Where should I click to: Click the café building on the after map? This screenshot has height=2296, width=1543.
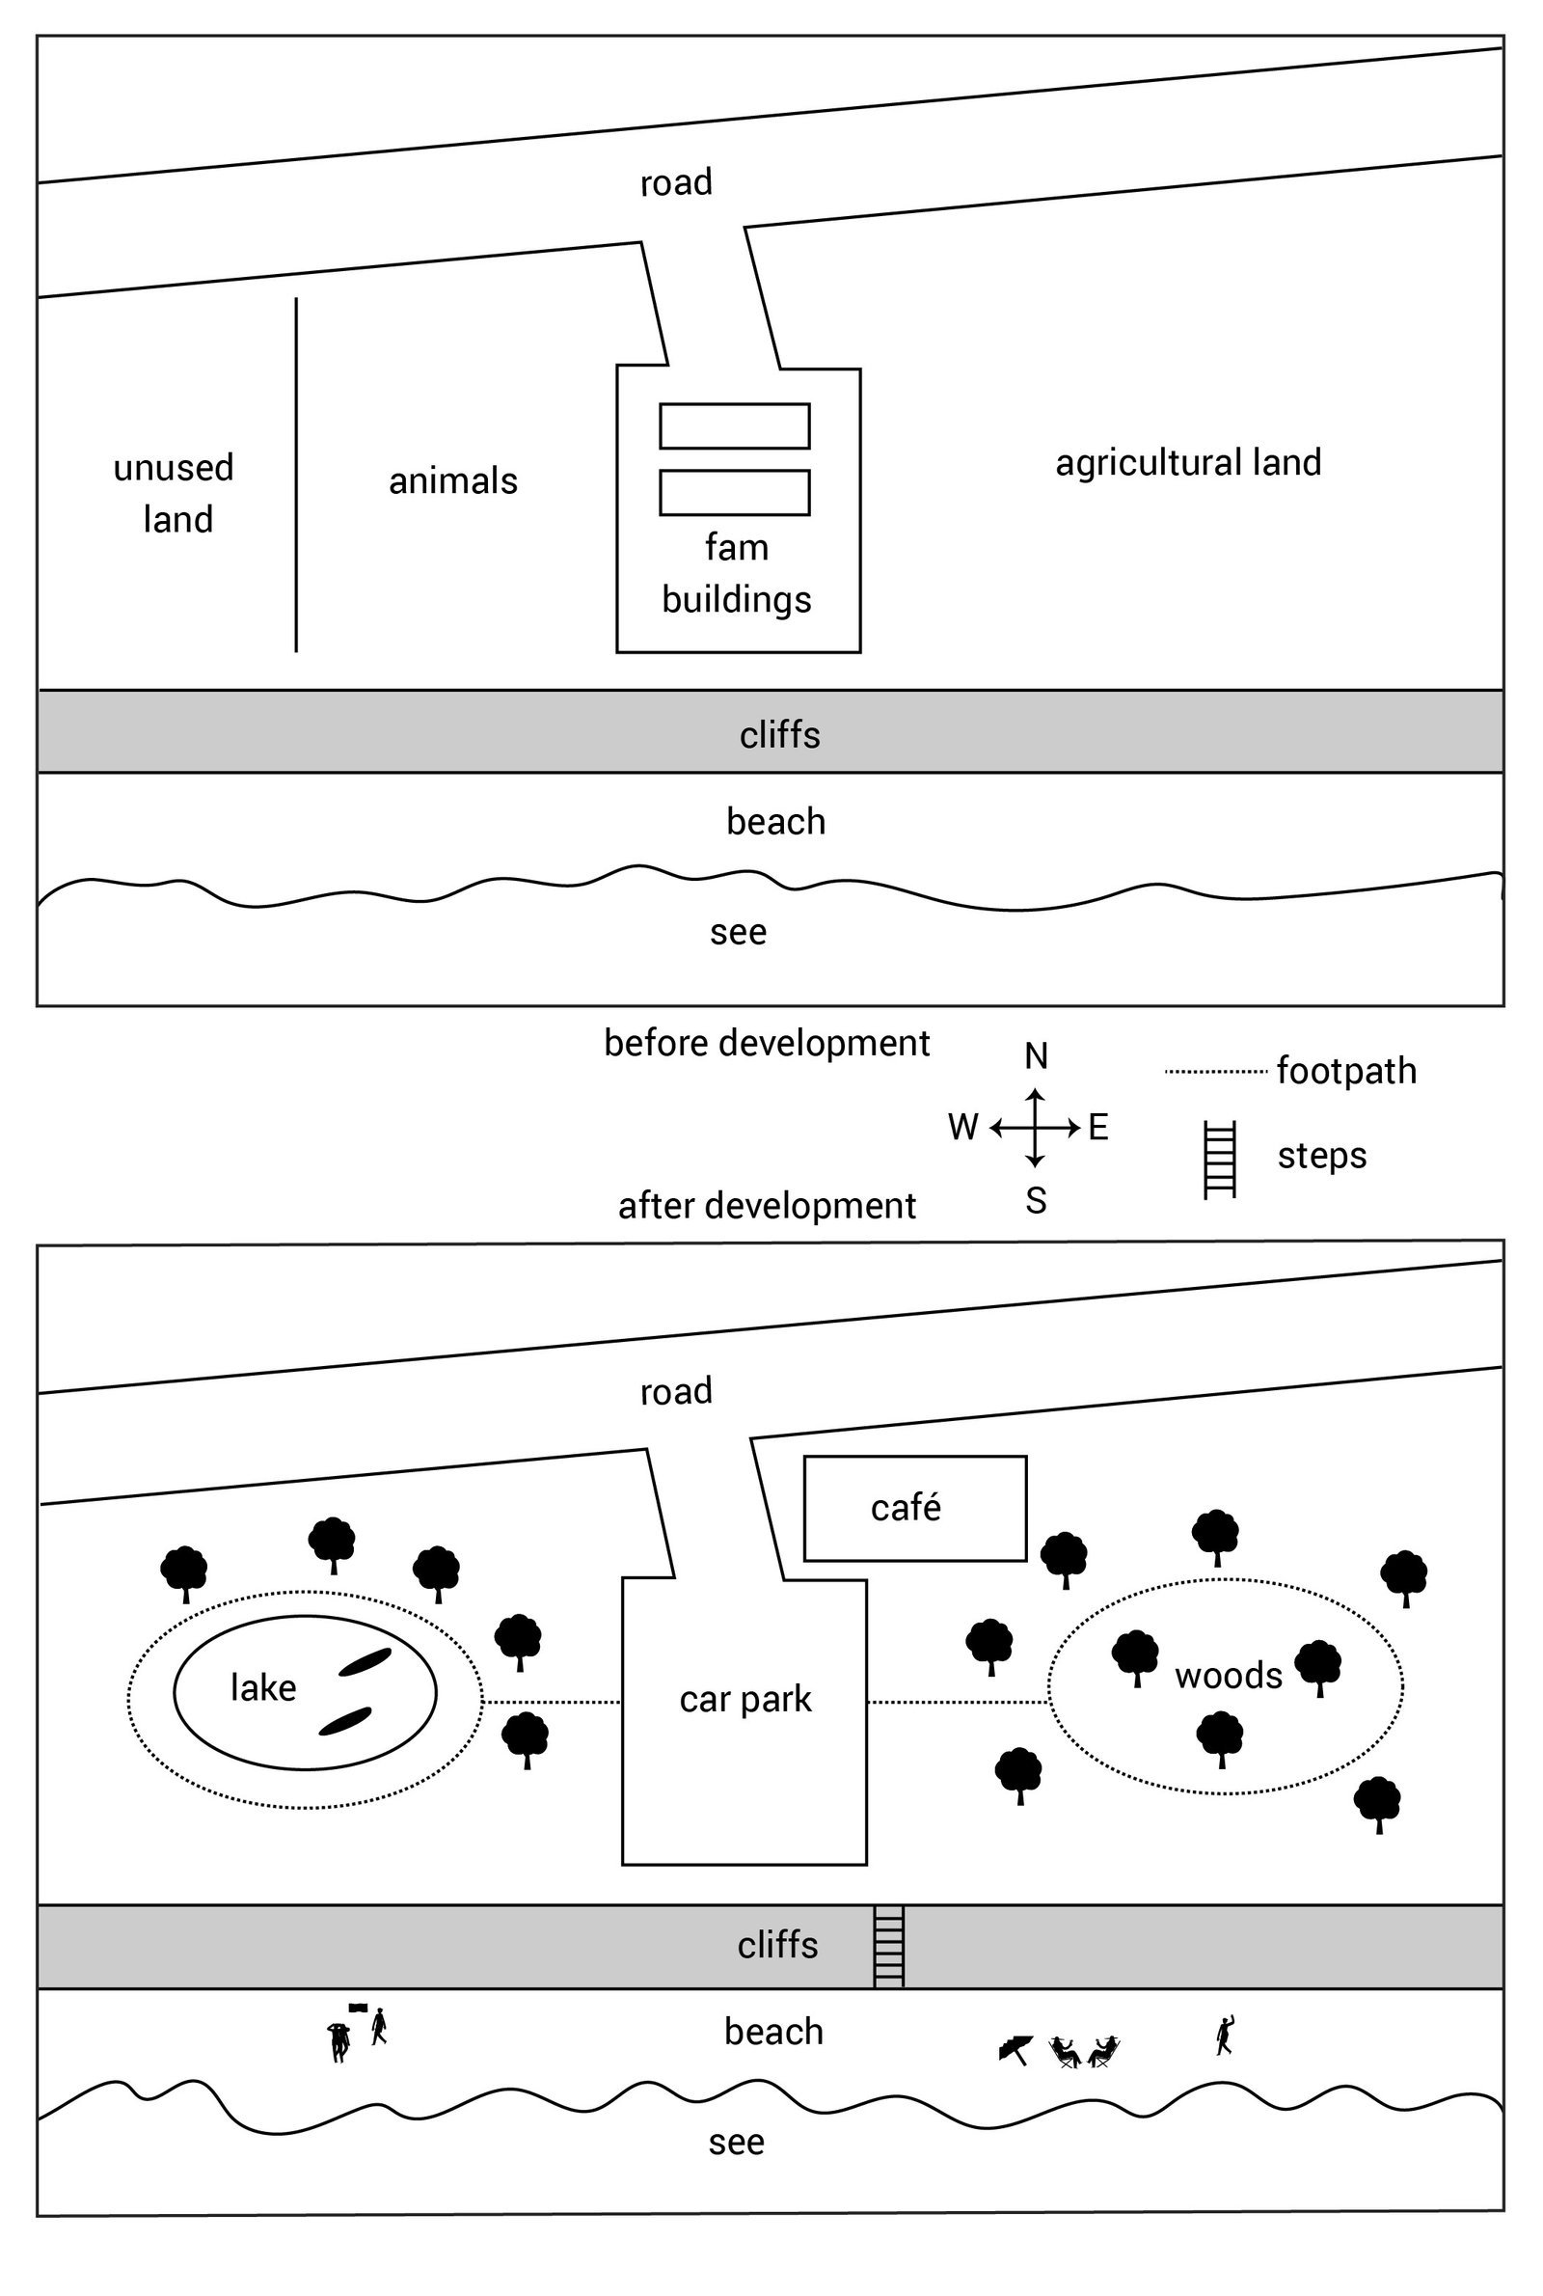click(x=914, y=1508)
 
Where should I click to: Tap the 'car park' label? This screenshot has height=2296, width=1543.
click(x=744, y=1699)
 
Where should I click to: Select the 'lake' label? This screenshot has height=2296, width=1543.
click(x=262, y=1688)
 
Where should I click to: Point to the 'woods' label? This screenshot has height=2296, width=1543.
click(x=1228, y=1675)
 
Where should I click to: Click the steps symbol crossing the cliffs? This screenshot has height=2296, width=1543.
click(x=888, y=1947)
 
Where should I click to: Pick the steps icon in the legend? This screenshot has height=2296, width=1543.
click(x=1219, y=1160)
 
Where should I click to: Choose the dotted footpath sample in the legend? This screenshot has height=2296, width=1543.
click(x=1215, y=1071)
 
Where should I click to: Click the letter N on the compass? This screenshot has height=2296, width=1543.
click(x=1035, y=1056)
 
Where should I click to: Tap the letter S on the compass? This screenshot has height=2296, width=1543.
click(x=1035, y=1201)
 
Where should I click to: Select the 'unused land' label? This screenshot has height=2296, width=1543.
click(x=176, y=493)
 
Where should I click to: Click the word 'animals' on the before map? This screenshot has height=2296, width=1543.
click(x=452, y=481)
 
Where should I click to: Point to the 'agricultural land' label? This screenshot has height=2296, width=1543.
click(x=1188, y=462)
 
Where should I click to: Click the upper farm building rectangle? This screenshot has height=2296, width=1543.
click(x=734, y=426)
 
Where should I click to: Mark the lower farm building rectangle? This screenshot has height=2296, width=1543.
click(x=734, y=492)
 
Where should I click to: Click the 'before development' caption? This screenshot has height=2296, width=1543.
click(x=766, y=1043)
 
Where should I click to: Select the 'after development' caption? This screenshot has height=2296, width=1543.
click(x=766, y=1206)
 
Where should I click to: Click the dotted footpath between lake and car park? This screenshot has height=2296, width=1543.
click(x=551, y=1702)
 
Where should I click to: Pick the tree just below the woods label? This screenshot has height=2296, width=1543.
click(x=1219, y=1738)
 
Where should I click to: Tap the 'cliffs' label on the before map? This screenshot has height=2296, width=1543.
click(x=779, y=735)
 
